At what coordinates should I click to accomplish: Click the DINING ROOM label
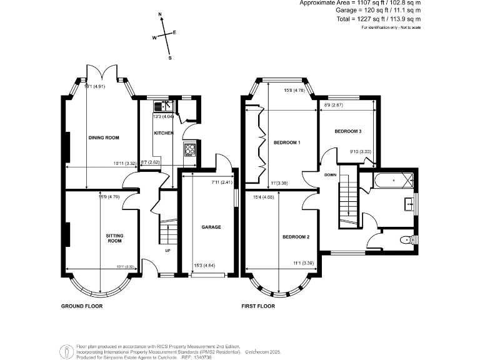tap(103, 137)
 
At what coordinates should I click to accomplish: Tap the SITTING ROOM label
tap(114, 237)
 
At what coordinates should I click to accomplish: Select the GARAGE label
tap(211, 227)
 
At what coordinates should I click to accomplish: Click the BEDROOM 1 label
tap(287, 143)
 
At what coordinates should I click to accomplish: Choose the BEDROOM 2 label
tap(296, 237)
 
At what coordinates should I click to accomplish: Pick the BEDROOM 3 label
tap(347, 131)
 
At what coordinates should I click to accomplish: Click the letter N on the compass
tap(161, 14)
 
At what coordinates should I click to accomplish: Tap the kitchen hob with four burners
tap(190, 149)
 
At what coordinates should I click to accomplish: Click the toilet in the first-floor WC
tap(405, 239)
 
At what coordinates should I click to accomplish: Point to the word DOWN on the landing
tap(331, 175)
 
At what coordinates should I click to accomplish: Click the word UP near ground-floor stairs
tap(167, 251)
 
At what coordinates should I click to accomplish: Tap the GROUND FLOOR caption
tap(81, 306)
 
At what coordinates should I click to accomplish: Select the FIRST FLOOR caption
tap(258, 306)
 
